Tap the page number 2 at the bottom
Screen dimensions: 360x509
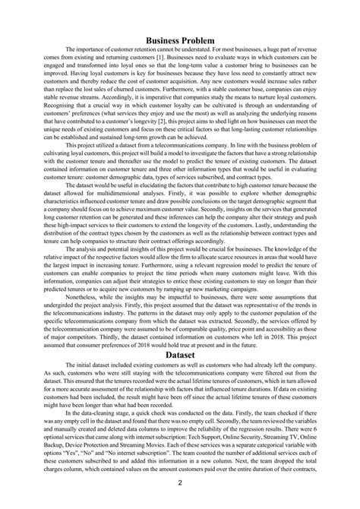tap(180, 480)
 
